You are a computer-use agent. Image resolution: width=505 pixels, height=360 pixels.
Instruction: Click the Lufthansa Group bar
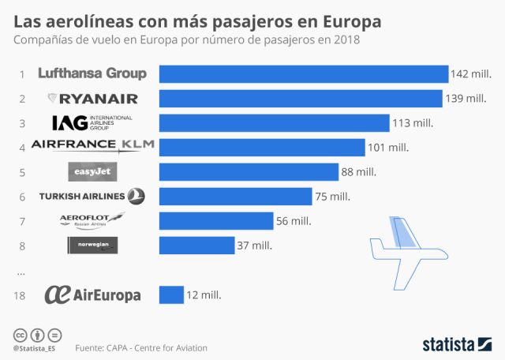click(304, 73)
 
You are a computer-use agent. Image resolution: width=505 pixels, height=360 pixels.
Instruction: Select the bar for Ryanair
click(301, 99)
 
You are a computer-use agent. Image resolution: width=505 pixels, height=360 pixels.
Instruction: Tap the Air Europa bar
click(171, 294)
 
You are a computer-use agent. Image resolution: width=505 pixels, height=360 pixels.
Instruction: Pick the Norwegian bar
click(197, 246)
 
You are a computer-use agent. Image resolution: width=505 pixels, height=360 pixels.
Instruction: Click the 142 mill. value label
click(471, 74)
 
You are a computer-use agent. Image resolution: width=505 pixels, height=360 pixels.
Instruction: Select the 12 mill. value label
click(204, 295)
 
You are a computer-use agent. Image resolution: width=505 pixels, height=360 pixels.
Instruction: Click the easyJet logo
click(93, 172)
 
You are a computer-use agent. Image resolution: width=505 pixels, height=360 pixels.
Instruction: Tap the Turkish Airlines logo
click(92, 197)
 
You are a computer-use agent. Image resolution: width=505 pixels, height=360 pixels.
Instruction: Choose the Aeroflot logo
click(92, 221)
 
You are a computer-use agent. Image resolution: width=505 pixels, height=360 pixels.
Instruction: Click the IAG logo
click(92, 122)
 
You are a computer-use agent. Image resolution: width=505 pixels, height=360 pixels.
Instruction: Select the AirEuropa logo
click(92, 294)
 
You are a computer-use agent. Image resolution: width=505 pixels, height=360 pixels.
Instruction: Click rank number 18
click(21, 295)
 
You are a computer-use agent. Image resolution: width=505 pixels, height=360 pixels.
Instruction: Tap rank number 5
click(22, 172)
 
